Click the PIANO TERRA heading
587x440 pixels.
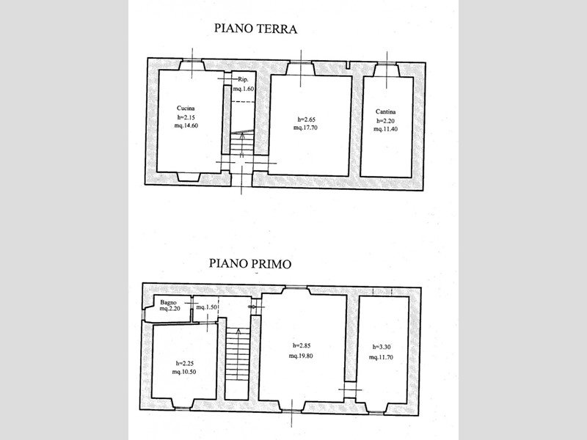[255, 29]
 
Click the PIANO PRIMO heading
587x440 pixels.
[250, 263]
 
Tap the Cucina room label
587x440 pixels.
[186, 108]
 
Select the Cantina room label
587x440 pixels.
[386, 111]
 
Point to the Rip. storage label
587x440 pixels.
[244, 79]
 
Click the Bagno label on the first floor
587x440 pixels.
[168, 302]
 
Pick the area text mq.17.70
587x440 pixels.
[305, 128]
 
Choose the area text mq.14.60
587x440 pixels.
[186, 125]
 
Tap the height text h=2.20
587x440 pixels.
[386, 121]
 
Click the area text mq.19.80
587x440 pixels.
[301, 356]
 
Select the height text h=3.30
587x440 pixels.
[382, 347]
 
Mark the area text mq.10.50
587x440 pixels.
[184, 372]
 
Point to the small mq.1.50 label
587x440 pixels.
[207, 307]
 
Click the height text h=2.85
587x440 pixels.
[302, 345]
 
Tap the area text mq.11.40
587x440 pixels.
[386, 129]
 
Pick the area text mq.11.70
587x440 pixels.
[381, 357]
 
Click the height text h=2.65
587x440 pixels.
[306, 120]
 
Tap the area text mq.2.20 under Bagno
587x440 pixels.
[170, 309]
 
